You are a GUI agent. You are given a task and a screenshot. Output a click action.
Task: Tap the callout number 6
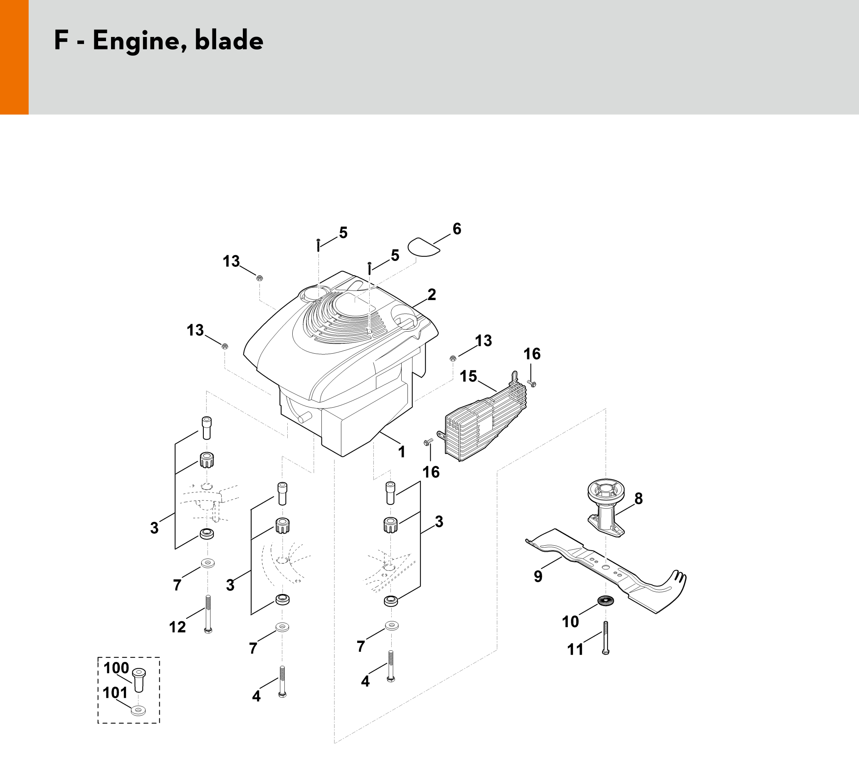pyautogui.click(x=457, y=229)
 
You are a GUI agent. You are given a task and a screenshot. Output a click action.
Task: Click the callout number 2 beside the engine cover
pyautogui.click(x=432, y=295)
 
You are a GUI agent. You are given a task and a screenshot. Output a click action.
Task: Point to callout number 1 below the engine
pyautogui.click(x=402, y=452)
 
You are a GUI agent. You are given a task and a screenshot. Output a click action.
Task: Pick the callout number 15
pyautogui.click(x=469, y=376)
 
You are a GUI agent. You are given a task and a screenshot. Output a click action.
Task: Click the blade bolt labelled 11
pyautogui.click(x=605, y=638)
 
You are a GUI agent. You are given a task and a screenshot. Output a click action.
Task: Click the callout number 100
pyautogui.click(x=116, y=668)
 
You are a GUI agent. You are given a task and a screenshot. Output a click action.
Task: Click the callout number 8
pyautogui.click(x=638, y=499)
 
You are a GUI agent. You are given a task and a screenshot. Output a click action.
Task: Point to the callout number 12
pyautogui.click(x=178, y=627)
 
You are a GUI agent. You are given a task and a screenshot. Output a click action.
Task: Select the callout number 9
pyautogui.click(x=538, y=576)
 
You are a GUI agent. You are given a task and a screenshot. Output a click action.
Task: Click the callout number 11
pyautogui.click(x=575, y=650)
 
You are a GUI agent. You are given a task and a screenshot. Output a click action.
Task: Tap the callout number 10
pyautogui.click(x=570, y=622)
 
